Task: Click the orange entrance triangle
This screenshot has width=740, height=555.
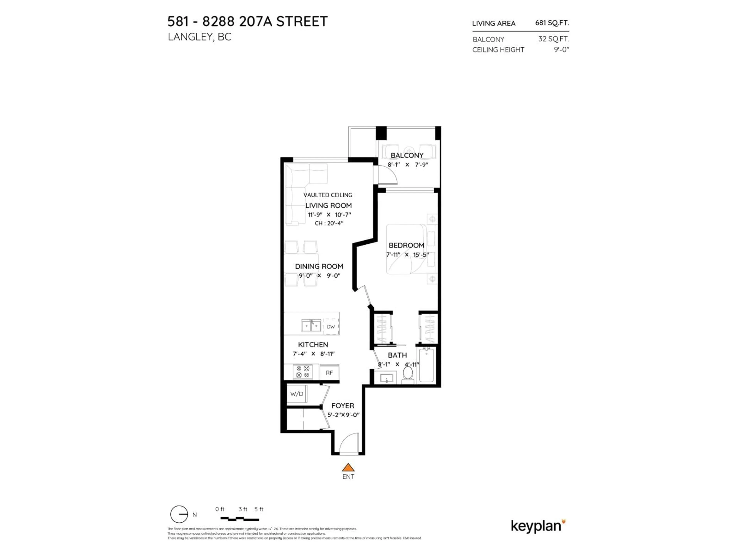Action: click(x=348, y=467)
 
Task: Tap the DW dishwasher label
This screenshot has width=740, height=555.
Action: click(x=330, y=326)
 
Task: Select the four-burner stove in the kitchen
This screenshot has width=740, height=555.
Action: click(x=302, y=372)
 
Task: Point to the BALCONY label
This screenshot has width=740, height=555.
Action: click(x=407, y=155)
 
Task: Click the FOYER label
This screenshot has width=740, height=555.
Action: click(x=343, y=405)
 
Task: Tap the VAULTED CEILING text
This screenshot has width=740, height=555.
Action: click(x=328, y=195)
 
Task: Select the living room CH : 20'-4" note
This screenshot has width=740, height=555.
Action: click(x=329, y=223)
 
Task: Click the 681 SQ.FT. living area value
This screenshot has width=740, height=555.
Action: click(x=552, y=23)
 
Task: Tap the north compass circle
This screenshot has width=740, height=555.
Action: click(x=179, y=514)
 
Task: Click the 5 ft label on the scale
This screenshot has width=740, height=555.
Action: click(x=259, y=509)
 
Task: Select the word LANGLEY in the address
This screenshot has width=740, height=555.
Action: click(x=189, y=37)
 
